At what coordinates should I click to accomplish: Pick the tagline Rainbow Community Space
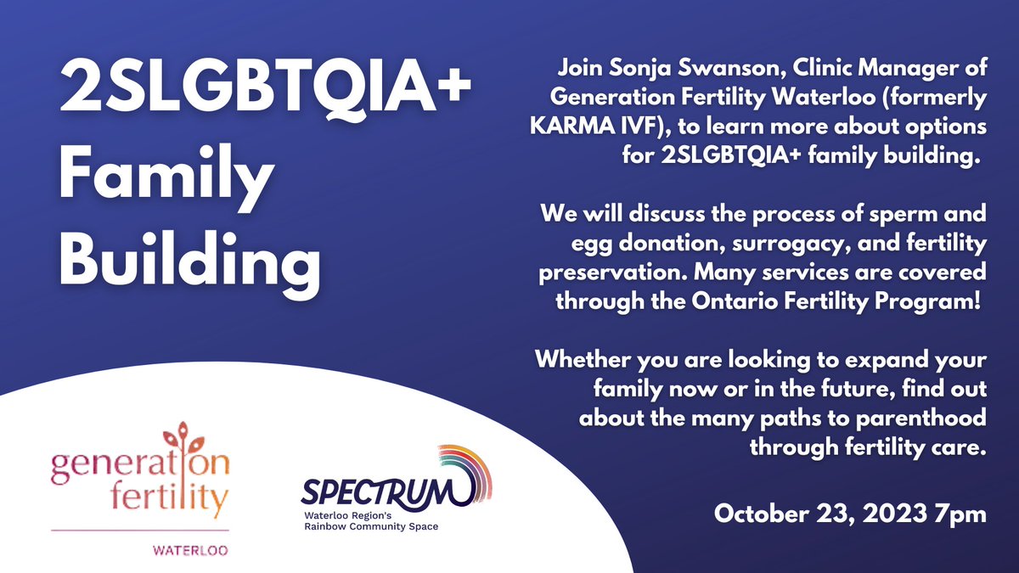click(371, 526)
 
